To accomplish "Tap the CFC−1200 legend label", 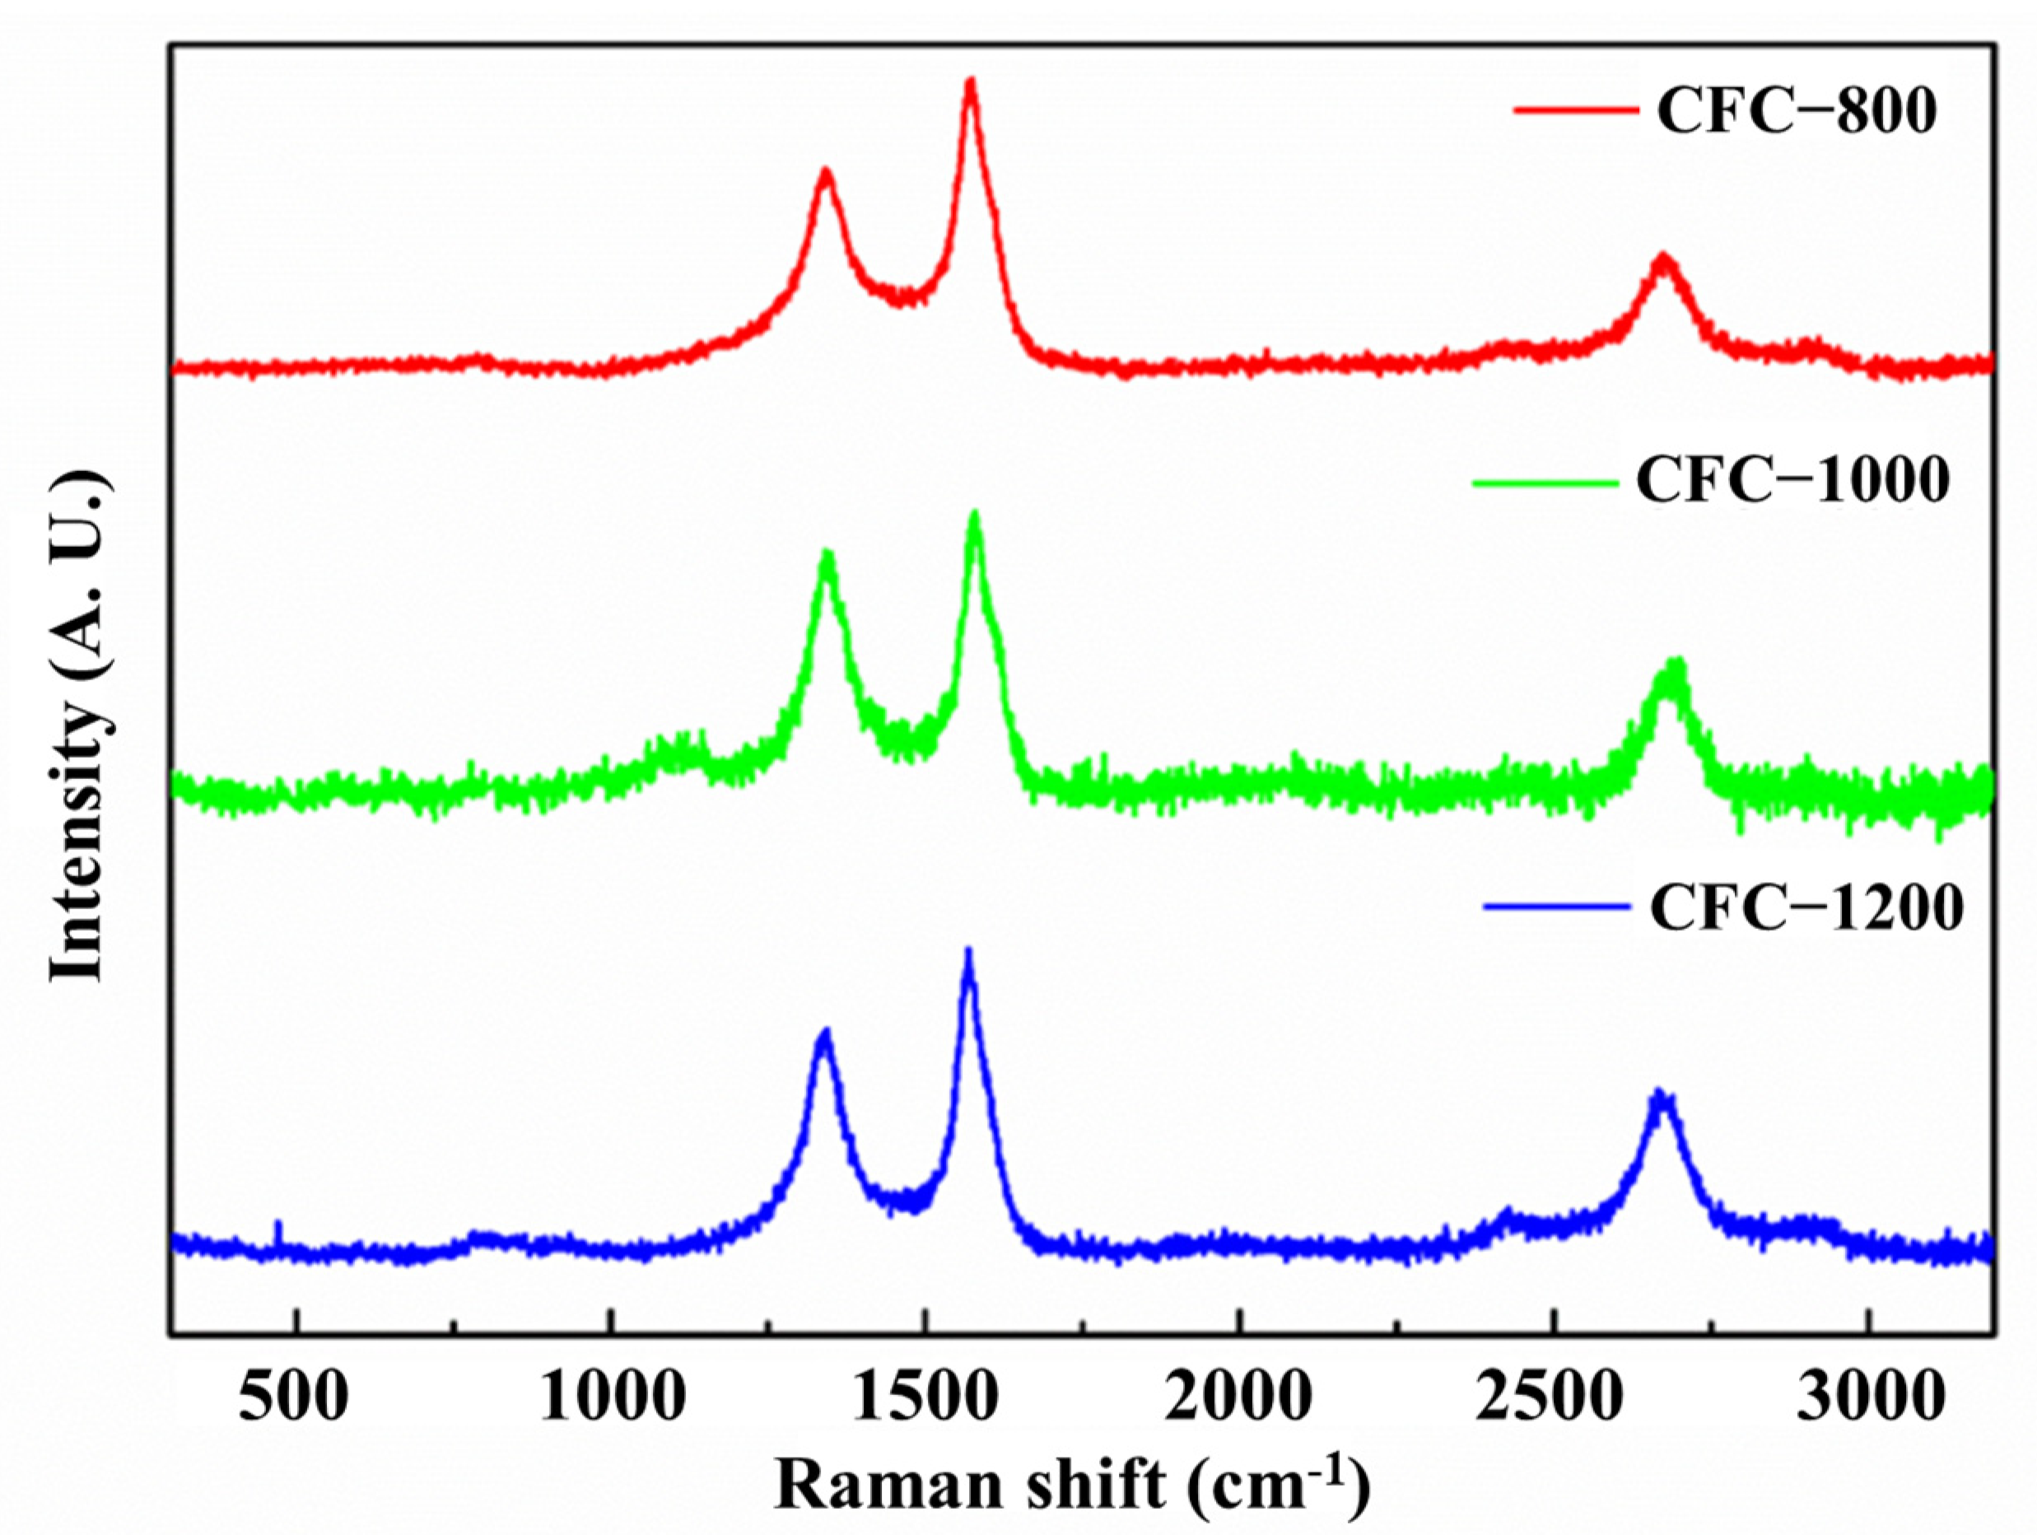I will (x=1806, y=909).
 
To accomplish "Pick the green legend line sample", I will (x=1545, y=482).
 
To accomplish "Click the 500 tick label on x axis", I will (x=294, y=1397).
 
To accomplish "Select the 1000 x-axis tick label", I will (x=612, y=1397).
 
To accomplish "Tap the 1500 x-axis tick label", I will (x=925, y=1397).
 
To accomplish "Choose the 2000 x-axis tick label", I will (x=1241, y=1397).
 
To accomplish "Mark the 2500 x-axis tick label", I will (x=1555, y=1397).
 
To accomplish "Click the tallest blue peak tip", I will (x=967, y=950).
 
